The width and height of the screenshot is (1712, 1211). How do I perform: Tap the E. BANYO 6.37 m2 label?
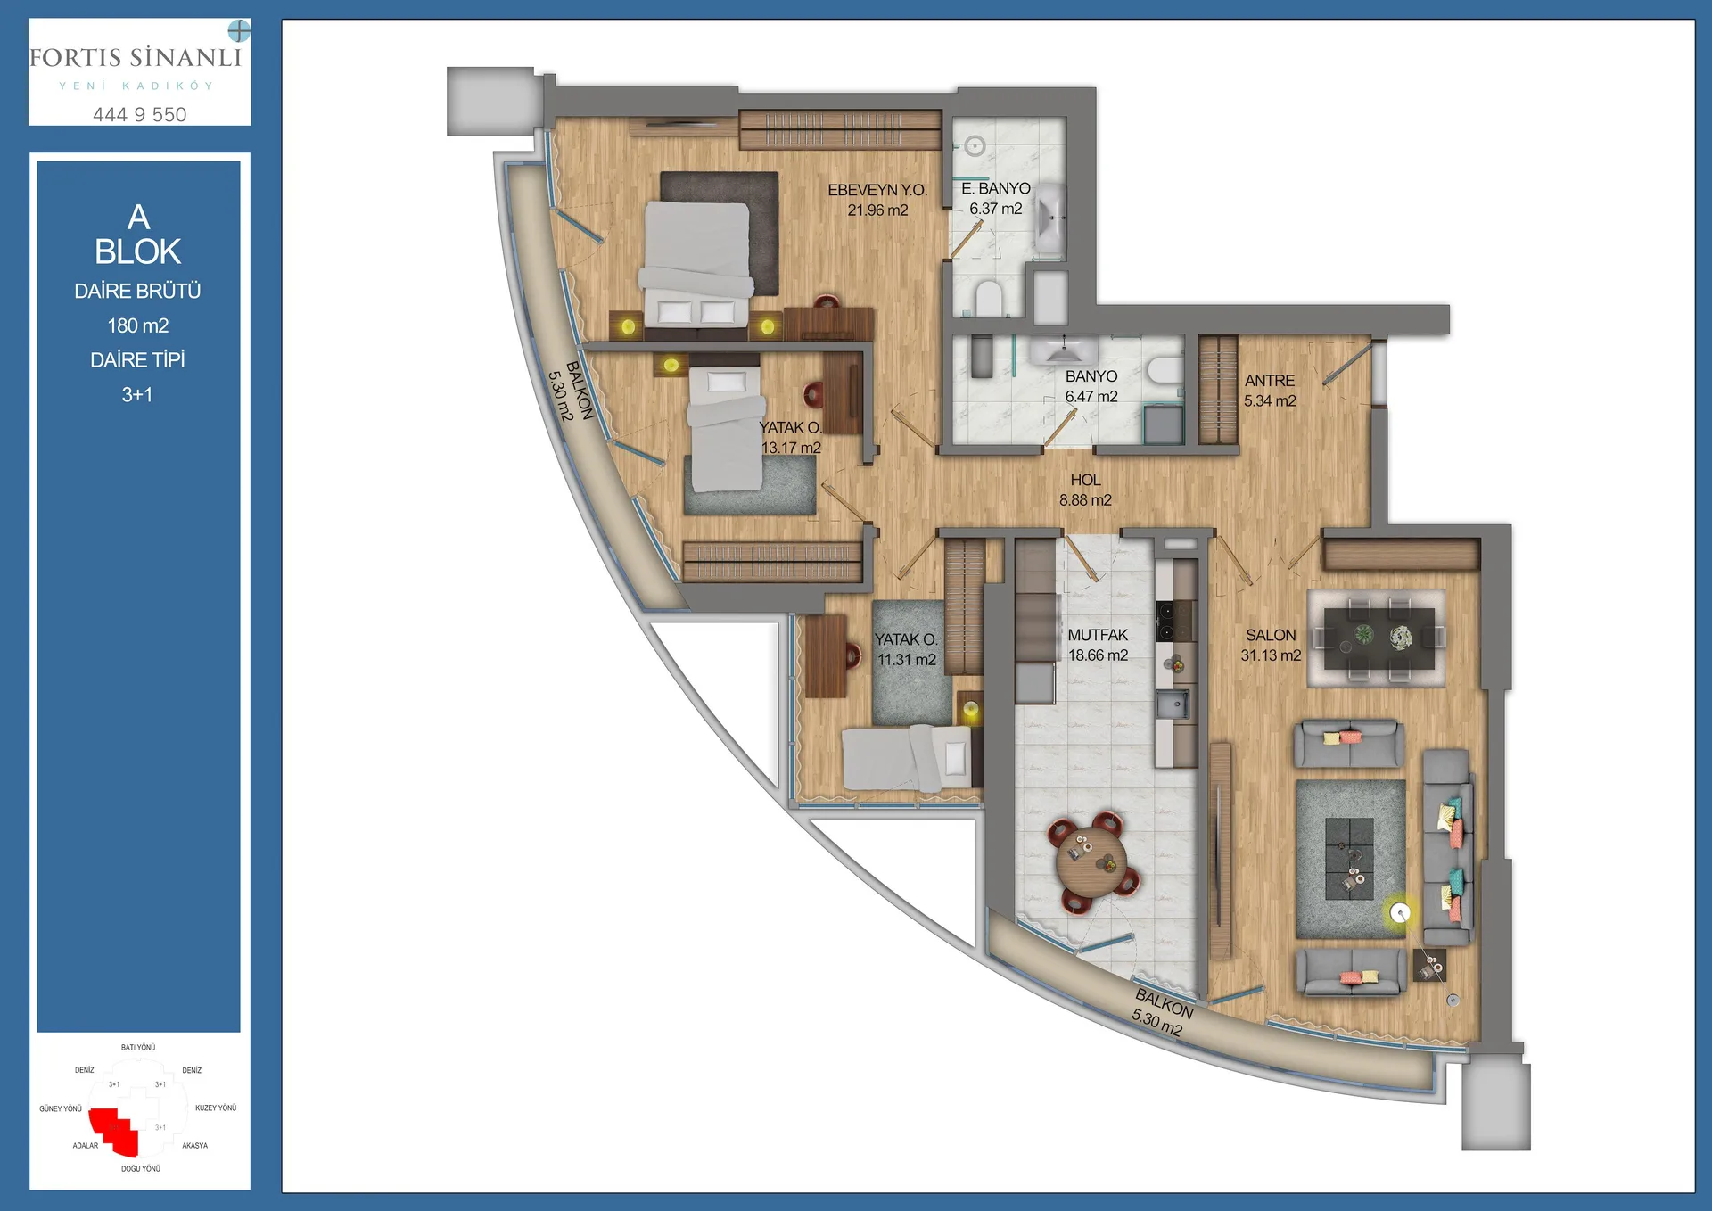(996, 198)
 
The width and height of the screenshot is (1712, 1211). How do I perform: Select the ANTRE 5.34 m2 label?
(1270, 391)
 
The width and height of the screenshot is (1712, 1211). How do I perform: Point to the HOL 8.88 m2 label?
(1085, 490)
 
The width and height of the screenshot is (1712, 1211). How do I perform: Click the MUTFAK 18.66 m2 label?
(1098, 645)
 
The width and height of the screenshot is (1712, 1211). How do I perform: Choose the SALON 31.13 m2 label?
(1271, 645)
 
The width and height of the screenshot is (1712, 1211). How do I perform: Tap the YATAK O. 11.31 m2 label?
(906, 649)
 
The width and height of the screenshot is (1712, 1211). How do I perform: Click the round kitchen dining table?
(1091, 861)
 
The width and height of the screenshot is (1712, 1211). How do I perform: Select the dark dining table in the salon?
(1379, 638)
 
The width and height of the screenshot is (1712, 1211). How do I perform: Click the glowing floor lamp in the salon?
(1400, 913)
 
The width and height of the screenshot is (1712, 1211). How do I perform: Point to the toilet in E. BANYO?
(988, 299)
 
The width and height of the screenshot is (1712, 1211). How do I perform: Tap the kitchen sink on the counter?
(1173, 704)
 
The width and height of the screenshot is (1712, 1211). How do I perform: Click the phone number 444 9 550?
(140, 114)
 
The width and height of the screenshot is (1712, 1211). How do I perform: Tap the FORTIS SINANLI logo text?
(136, 58)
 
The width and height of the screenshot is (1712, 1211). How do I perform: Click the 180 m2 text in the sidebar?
(138, 325)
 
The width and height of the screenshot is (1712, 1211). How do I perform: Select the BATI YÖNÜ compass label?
(138, 1048)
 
